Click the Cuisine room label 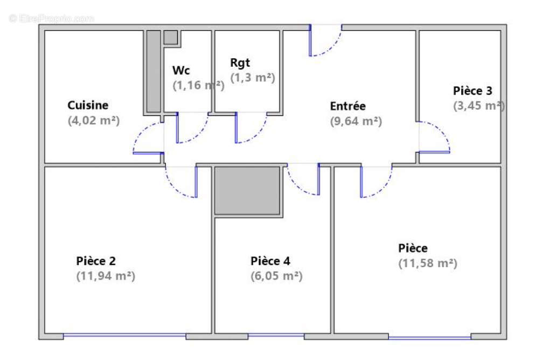[88, 105]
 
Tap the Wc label [180, 71]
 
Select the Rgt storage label [240, 63]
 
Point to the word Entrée [348, 106]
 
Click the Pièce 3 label [472, 91]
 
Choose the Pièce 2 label [96, 261]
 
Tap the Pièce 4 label [270, 261]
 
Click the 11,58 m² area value [428, 263]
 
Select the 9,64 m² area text [356, 121]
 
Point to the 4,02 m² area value [94, 121]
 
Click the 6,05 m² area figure [276, 276]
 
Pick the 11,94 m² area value [106, 276]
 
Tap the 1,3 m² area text [253, 78]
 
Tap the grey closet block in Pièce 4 [248, 191]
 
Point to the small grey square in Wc [170, 37]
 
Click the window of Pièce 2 [124, 336]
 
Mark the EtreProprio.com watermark [52, 18]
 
